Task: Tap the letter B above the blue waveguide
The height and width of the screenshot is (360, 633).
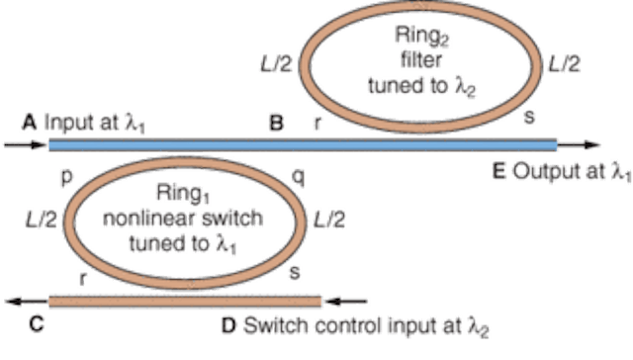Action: coord(278,124)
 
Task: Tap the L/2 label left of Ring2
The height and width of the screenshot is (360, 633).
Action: coord(274,63)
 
